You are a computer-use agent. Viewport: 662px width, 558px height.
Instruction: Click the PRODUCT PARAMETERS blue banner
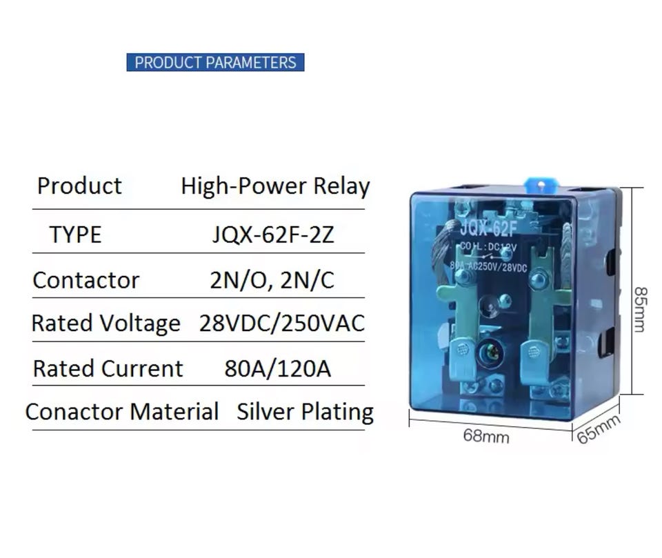pyautogui.click(x=215, y=62)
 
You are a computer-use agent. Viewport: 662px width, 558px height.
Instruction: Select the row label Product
pyautogui.click(x=79, y=186)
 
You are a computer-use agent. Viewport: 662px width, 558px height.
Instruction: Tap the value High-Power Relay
pyautogui.click(x=275, y=186)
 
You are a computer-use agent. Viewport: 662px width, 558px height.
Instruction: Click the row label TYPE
pyautogui.click(x=75, y=235)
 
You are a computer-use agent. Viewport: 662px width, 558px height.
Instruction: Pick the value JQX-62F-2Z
pyautogui.click(x=273, y=235)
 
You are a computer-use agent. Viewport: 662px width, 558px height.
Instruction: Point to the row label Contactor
pyautogui.click(x=86, y=280)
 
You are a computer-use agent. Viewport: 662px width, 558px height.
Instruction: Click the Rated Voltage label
pyautogui.click(x=106, y=323)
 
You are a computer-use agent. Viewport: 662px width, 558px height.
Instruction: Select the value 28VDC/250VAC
pyautogui.click(x=281, y=323)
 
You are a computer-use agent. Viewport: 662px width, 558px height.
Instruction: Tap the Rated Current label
pyautogui.click(x=108, y=368)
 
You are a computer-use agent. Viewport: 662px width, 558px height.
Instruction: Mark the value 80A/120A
pyautogui.click(x=277, y=368)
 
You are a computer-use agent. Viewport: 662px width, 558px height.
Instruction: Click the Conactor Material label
pyautogui.click(x=121, y=412)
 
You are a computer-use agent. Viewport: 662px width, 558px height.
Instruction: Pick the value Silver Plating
pyautogui.click(x=305, y=412)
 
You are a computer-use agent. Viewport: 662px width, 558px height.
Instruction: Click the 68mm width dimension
pyautogui.click(x=486, y=436)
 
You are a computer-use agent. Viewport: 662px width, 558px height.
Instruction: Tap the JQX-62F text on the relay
pyautogui.click(x=488, y=228)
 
